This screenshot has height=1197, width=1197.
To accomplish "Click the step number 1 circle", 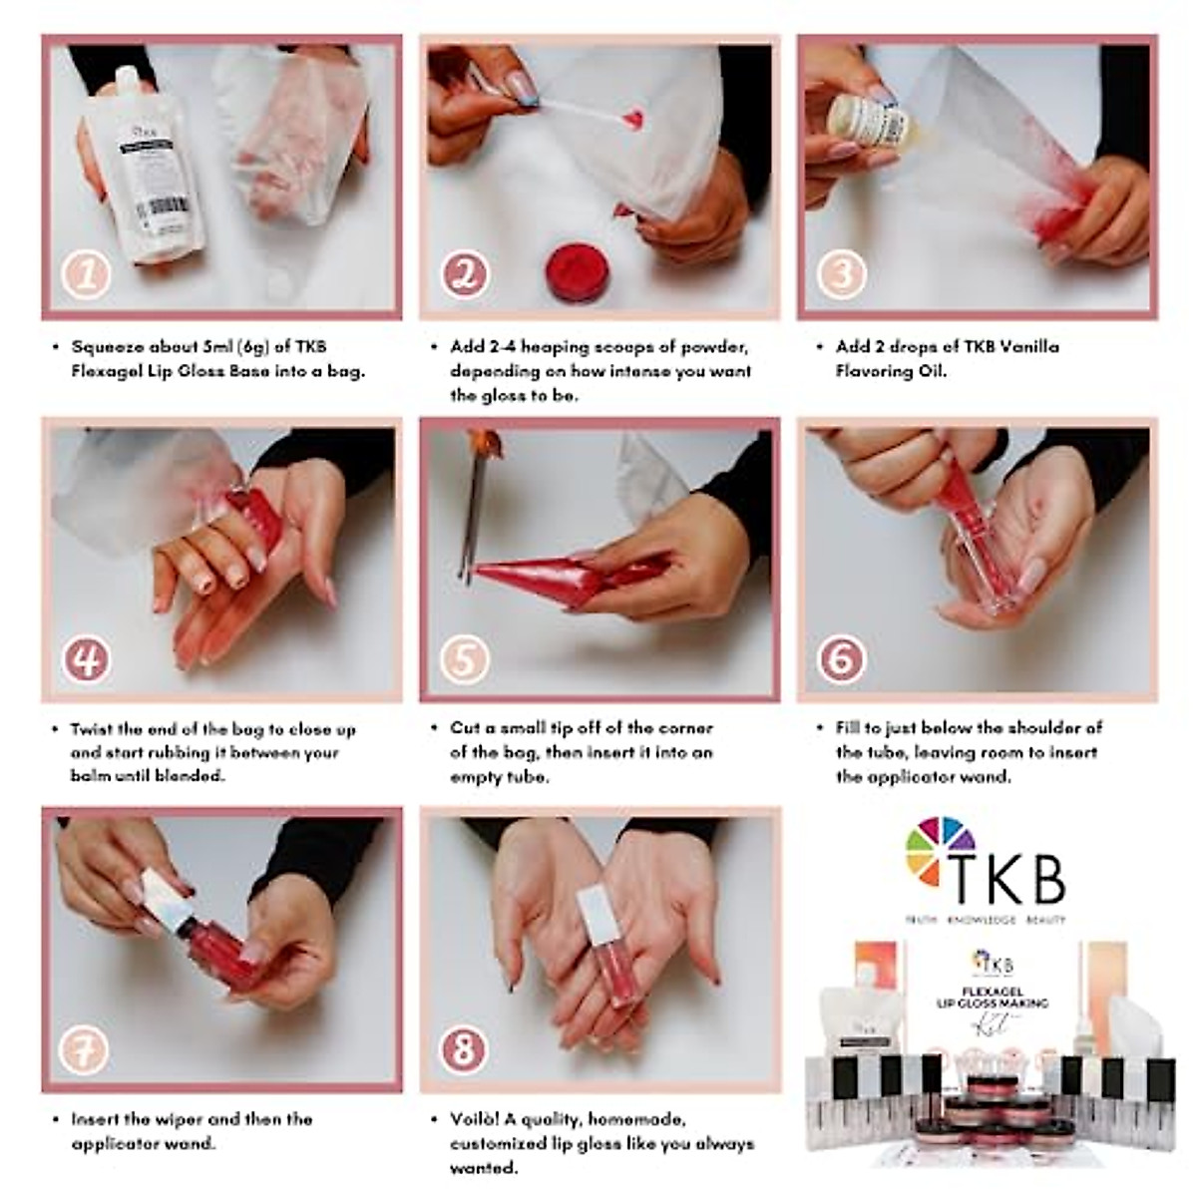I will click(86, 274).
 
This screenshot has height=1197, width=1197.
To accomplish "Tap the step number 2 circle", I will click(465, 274).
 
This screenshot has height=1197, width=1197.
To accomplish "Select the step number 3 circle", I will click(842, 274).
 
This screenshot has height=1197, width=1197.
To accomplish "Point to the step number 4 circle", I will click(86, 658).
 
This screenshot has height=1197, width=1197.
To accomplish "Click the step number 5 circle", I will click(465, 658).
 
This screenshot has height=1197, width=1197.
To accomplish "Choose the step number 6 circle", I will click(842, 658).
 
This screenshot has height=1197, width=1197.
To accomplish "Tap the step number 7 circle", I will click(86, 1048).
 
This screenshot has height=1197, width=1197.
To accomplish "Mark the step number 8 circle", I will click(465, 1048).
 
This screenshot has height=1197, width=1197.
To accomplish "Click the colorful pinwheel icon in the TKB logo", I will click(939, 852).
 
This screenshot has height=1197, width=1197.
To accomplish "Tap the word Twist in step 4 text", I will click(94, 729).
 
